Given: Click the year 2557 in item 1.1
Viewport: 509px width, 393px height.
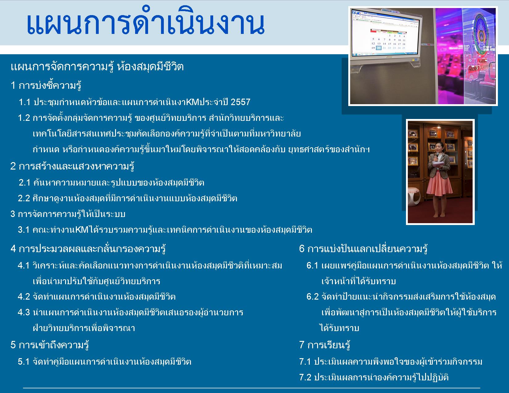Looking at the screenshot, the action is coord(241,102).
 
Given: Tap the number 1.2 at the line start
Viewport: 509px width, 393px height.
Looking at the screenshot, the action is coord(24,118).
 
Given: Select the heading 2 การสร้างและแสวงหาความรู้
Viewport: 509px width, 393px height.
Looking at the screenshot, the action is coord(72,166).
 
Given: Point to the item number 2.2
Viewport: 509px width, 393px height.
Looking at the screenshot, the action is coord(24,199).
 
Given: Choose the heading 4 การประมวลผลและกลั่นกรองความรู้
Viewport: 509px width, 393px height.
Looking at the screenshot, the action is coord(88,248).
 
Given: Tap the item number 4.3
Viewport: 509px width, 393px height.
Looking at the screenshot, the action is coord(24,313).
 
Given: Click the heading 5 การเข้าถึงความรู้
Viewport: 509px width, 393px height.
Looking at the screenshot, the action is coord(50,345).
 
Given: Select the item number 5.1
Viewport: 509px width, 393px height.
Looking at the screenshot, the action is coord(24,362).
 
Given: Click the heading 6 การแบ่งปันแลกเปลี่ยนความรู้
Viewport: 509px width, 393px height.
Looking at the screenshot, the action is coord(363,248).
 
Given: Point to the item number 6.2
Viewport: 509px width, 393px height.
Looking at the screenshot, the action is coord(313,297).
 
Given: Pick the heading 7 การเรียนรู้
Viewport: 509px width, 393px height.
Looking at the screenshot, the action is coord(325,345).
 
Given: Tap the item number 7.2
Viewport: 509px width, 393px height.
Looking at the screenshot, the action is coord(305,377).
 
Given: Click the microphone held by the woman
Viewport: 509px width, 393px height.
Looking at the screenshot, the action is coord(437,157).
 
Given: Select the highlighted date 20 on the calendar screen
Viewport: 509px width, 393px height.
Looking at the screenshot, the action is coord(379,48).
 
